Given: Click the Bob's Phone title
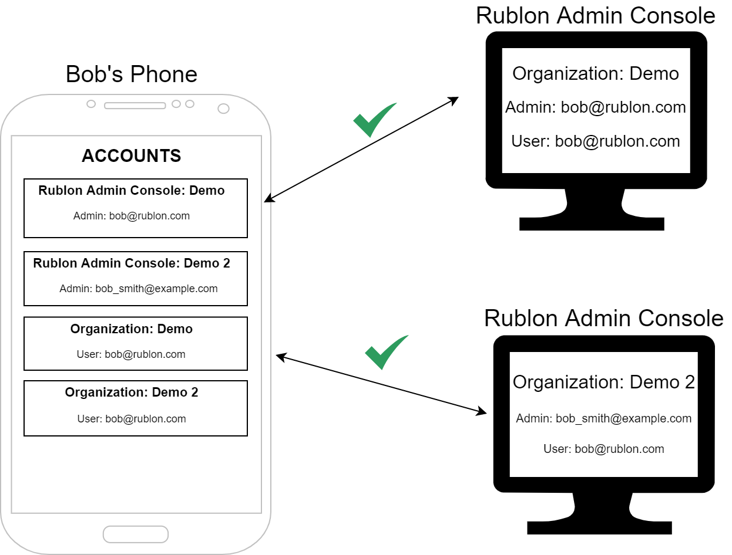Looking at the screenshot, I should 132,75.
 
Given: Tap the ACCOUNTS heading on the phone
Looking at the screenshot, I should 132,156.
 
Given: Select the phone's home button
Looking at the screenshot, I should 136,534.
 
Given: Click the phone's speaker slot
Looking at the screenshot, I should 135,106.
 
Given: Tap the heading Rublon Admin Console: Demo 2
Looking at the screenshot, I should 132,263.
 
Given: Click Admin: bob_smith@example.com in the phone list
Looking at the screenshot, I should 139,289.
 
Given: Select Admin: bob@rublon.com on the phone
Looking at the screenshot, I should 132,216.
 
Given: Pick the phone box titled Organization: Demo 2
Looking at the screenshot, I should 135,408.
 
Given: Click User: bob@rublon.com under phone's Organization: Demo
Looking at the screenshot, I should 131,354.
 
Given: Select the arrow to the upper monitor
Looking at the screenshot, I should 361,150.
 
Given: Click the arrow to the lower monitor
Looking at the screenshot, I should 381,384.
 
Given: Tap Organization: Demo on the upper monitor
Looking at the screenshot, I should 596,74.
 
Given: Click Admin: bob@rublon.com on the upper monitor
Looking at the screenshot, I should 596,108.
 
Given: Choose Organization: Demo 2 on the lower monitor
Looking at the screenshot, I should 604,383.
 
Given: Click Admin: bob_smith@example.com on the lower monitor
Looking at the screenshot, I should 604,419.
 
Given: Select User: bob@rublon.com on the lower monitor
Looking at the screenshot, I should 604,449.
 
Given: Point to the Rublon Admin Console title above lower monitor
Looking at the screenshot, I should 604,319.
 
